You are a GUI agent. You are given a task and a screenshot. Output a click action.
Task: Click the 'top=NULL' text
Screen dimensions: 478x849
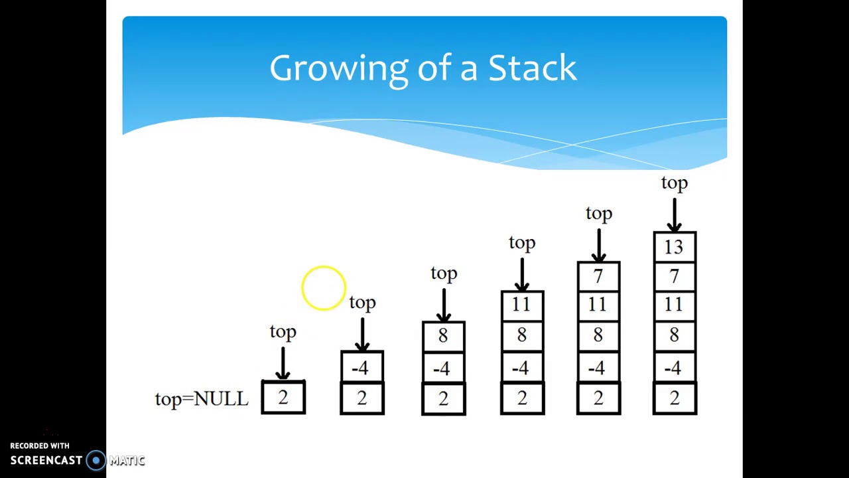point(202,399)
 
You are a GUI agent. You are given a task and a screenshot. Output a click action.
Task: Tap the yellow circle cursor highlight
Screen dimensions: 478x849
point(324,288)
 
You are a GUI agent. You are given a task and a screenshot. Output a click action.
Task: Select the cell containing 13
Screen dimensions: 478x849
point(675,247)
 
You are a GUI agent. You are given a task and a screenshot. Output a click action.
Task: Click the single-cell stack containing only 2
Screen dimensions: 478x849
point(283,398)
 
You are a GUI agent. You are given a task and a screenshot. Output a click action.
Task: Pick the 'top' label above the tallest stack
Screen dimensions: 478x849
point(675,183)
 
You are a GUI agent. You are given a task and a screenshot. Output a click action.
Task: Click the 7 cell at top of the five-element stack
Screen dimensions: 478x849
point(598,277)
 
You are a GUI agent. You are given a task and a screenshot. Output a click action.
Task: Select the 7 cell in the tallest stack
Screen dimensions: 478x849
point(675,277)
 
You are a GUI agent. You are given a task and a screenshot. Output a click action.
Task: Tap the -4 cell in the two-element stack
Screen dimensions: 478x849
point(361,368)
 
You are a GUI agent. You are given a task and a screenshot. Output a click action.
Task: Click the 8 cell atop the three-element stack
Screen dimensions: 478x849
point(443,337)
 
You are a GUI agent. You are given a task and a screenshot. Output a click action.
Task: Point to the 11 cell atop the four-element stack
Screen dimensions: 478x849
point(522,305)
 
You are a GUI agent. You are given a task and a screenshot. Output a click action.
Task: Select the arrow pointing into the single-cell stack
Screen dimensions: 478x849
point(283,363)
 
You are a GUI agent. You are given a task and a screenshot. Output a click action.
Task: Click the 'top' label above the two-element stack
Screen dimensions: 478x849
point(362,303)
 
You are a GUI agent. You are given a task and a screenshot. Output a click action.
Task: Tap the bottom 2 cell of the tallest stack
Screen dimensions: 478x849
point(675,399)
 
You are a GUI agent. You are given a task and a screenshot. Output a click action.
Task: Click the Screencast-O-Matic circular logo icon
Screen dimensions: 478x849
point(96,461)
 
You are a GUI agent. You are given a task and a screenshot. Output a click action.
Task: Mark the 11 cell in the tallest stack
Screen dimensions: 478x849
point(675,305)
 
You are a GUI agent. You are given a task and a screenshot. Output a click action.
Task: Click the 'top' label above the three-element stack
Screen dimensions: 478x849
point(444,274)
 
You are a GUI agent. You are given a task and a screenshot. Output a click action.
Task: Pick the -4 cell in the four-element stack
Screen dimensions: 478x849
point(522,368)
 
